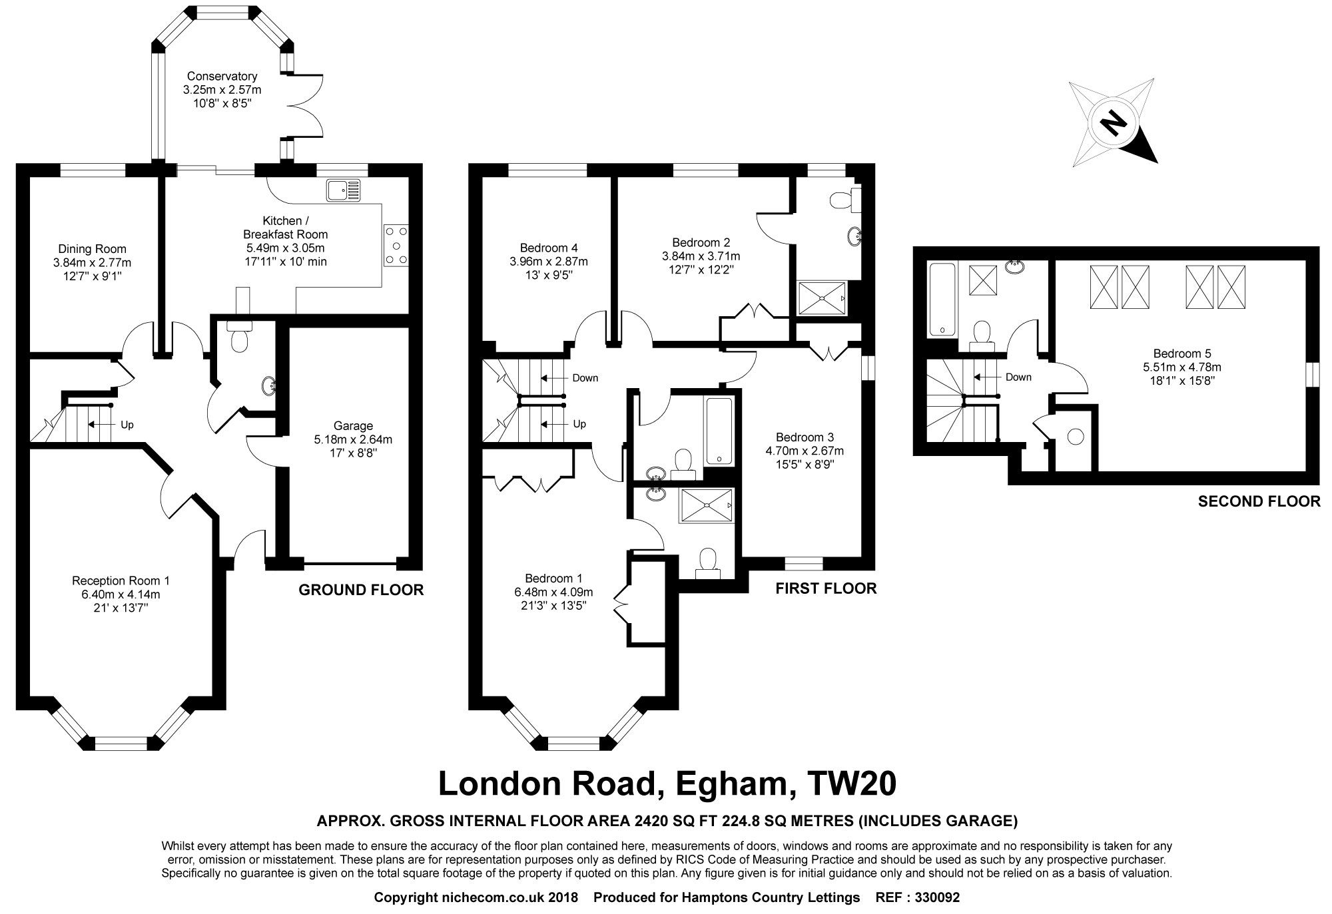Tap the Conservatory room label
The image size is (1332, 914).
click(x=222, y=76)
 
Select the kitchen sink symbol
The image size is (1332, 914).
click(x=343, y=190)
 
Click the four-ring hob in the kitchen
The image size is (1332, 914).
click(x=396, y=245)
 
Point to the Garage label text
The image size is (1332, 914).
click(x=353, y=425)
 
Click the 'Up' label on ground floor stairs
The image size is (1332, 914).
click(x=127, y=424)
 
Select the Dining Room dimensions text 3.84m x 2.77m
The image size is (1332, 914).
click(x=92, y=263)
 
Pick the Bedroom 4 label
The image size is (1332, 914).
click(x=544, y=248)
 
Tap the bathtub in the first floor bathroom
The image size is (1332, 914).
click(x=719, y=431)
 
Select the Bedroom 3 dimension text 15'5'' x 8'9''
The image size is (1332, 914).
click(x=804, y=464)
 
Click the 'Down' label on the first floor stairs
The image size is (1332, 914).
click(x=585, y=377)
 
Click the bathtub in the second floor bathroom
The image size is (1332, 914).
click(x=940, y=300)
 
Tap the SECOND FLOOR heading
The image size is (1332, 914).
click(x=1259, y=501)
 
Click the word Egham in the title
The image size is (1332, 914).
click(x=732, y=784)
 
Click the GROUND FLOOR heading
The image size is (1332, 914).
click(x=360, y=590)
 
